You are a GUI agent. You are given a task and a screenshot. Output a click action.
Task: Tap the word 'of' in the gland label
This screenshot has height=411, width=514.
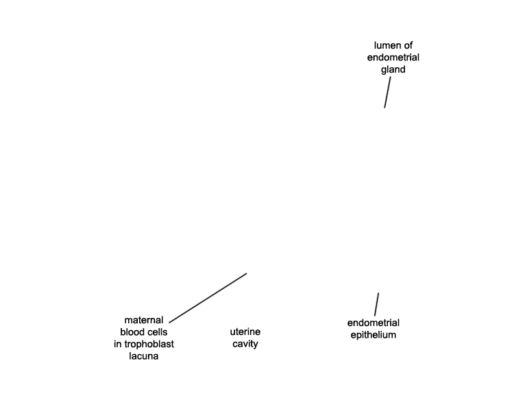click(x=408, y=45)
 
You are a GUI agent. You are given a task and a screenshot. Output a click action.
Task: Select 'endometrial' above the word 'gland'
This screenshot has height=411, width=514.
click(x=393, y=58)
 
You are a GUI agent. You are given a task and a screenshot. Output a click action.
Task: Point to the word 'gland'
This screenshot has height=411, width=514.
click(x=393, y=69)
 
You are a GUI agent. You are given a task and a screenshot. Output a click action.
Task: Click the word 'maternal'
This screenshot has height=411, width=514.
click(x=144, y=320)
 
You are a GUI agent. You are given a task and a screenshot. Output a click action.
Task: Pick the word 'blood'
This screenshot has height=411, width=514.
click(x=131, y=332)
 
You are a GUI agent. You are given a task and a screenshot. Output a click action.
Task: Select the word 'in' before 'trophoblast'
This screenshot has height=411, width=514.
click(x=117, y=344)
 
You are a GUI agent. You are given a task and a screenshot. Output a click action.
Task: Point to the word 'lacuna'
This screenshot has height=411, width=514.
click(x=144, y=356)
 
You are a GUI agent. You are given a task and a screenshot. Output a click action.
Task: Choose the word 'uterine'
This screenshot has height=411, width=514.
click(x=245, y=332)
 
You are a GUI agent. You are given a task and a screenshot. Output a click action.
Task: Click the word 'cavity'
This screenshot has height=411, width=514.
click(x=245, y=344)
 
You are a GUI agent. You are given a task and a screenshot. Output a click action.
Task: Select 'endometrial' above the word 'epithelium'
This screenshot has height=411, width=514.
click(x=374, y=323)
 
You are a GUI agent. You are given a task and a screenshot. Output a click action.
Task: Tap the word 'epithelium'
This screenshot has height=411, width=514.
click(x=374, y=335)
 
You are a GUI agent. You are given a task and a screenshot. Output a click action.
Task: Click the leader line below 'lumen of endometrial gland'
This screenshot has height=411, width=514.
click(x=387, y=92)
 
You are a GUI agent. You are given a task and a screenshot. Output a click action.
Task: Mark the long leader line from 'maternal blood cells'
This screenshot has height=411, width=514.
click(x=208, y=298)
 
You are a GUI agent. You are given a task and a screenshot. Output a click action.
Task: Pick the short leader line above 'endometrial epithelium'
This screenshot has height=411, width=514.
click(x=377, y=304)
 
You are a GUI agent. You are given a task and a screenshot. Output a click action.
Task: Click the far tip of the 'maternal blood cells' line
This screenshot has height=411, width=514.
click(x=247, y=273)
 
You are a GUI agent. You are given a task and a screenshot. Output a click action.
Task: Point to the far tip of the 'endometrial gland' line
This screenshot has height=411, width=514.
click(x=384, y=108)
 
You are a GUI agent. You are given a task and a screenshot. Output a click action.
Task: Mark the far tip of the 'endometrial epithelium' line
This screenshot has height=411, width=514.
click(x=378, y=293)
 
